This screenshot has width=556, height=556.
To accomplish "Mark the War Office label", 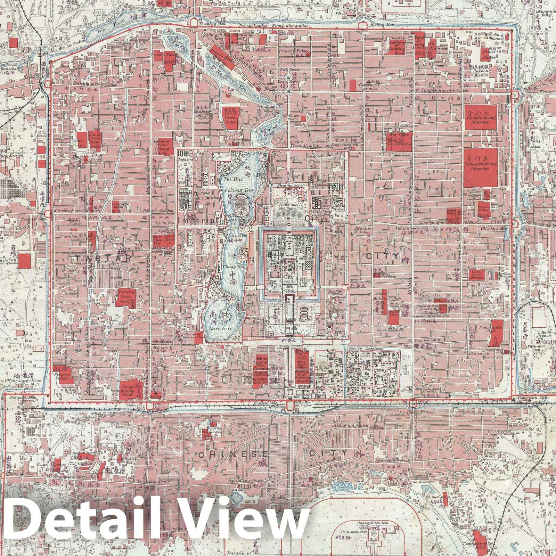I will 398,135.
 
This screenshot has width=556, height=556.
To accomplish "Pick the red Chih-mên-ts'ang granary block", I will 481,167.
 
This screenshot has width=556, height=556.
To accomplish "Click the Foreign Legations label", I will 365,349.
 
